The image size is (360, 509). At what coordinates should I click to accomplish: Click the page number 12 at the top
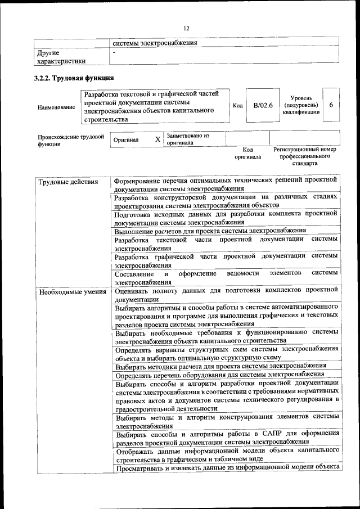tap(187, 29)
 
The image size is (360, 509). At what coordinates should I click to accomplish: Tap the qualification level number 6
tap(331, 105)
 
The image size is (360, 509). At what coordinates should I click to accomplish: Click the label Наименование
tap(56, 107)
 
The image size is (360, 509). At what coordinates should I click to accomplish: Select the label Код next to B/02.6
tap(237, 106)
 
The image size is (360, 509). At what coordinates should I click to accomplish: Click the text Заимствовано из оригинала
tap(188, 139)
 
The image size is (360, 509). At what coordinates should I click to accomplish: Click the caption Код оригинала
tap(247, 154)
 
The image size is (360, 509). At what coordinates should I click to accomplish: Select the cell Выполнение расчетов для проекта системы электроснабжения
tap(210, 230)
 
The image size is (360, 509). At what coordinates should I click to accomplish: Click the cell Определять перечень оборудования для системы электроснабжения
tap(219, 375)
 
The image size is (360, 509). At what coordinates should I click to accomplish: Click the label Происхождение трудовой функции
tap(71, 139)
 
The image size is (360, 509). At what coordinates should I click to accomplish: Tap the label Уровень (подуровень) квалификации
tap(301, 105)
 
